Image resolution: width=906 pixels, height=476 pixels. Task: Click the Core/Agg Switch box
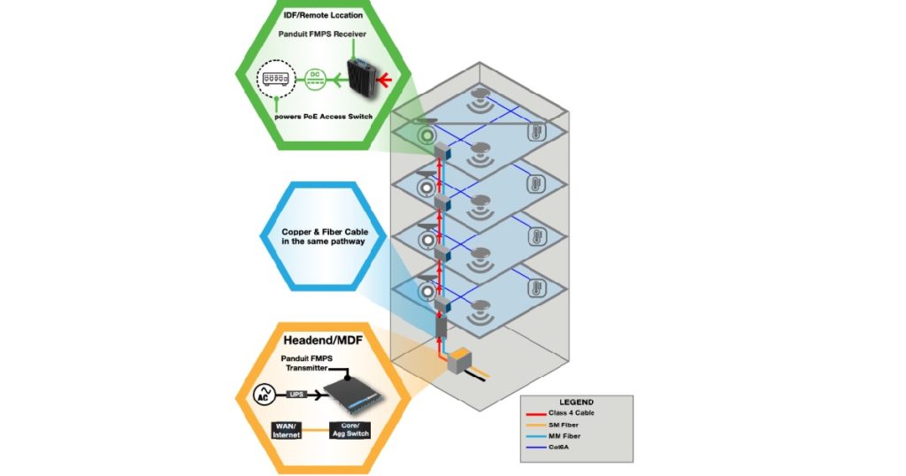[349, 431]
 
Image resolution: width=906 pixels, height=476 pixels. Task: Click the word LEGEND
[576, 402]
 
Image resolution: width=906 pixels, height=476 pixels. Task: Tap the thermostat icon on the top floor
[536, 132]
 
